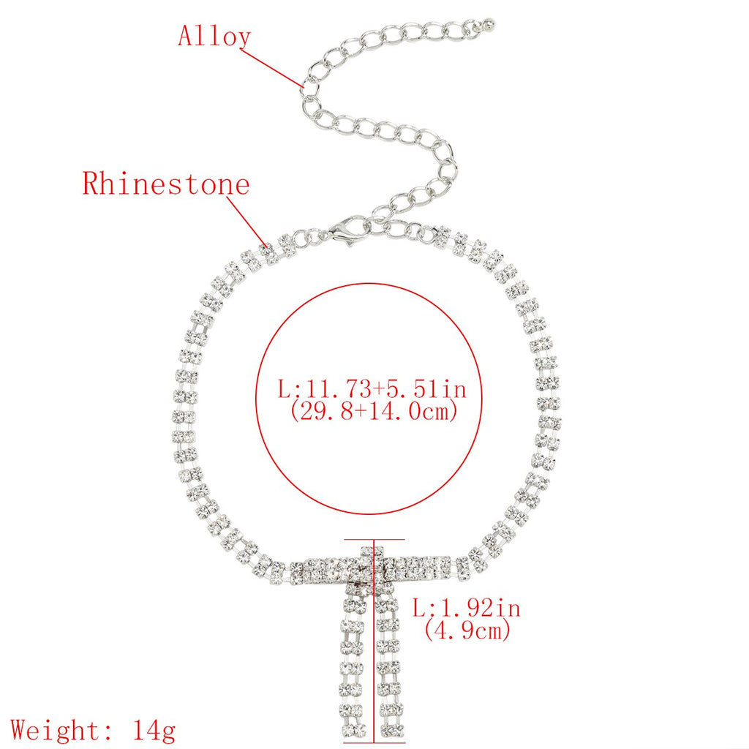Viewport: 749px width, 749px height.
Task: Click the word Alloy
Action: [x=214, y=36]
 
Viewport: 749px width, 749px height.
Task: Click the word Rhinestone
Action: [x=166, y=184]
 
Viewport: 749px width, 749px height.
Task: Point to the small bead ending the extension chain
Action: [x=489, y=22]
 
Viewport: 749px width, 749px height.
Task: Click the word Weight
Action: [x=56, y=731]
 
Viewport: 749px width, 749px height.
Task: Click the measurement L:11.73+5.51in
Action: [x=372, y=388]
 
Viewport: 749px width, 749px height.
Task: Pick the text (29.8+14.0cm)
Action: [x=373, y=411]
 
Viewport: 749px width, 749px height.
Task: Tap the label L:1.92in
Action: [x=467, y=608]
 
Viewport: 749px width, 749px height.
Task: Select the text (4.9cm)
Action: [x=467, y=630]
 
